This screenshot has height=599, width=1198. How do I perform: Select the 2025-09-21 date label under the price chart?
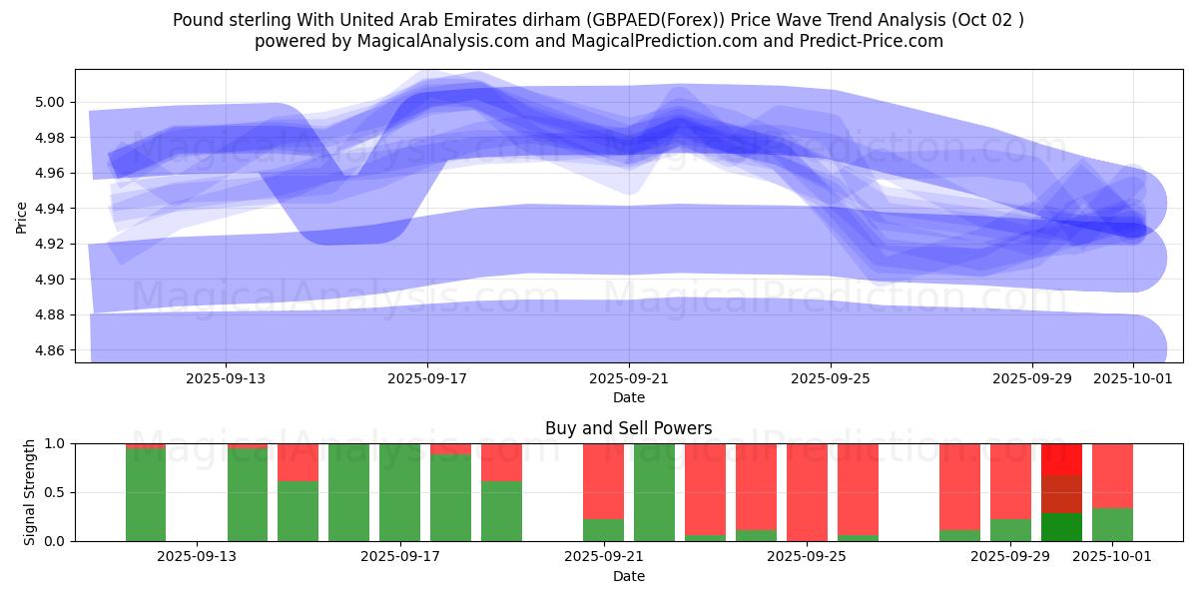pyautogui.click(x=629, y=379)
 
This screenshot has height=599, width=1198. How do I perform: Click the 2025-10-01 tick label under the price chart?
pyautogui.click(x=1133, y=379)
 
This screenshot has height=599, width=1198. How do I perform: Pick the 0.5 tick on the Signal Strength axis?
pyautogui.click(x=55, y=492)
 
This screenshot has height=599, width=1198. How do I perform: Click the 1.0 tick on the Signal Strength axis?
pyautogui.click(x=55, y=443)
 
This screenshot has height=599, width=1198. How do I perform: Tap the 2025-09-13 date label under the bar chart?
pyautogui.click(x=197, y=557)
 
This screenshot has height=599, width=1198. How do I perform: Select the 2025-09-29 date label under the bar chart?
pyautogui.click(x=1010, y=557)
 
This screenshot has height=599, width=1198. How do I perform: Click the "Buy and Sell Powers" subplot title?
pyautogui.click(x=629, y=428)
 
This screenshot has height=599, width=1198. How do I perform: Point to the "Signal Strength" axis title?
pyautogui.click(x=30, y=492)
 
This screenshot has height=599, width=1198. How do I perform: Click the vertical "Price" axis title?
pyautogui.click(x=22, y=217)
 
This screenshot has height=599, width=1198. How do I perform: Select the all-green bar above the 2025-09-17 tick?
pyautogui.click(x=399, y=492)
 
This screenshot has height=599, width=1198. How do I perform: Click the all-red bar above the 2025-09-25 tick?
pyautogui.click(x=807, y=492)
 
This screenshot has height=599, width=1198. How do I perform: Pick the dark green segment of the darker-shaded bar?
pyautogui.click(x=1061, y=527)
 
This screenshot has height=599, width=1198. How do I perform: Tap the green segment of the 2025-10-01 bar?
pyautogui.click(x=1112, y=525)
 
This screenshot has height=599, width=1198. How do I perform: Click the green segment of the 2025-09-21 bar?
pyautogui.click(x=603, y=530)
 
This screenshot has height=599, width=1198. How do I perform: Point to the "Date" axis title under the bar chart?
pyautogui.click(x=629, y=576)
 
